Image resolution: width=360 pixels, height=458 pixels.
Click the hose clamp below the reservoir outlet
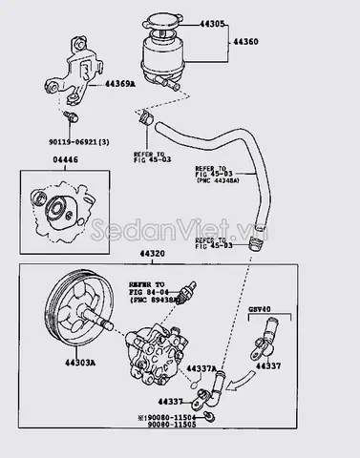(145, 122)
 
